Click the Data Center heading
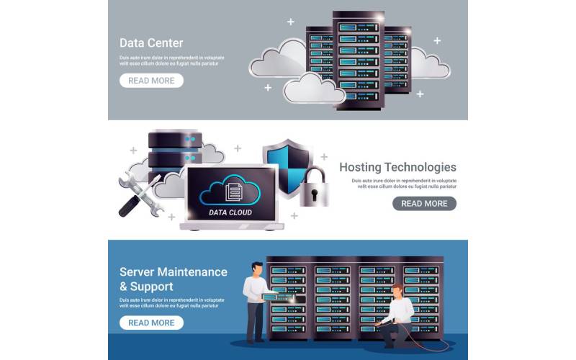pos(151,42)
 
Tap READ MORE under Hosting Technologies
pos(424,204)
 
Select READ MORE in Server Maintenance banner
pos(151,323)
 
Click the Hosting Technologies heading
pos(397,167)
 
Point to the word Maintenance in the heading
pos(194,272)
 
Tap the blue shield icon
pos(286,163)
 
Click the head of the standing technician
pos(258,269)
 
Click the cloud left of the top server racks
pos(277,59)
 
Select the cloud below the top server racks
pos(312,89)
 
